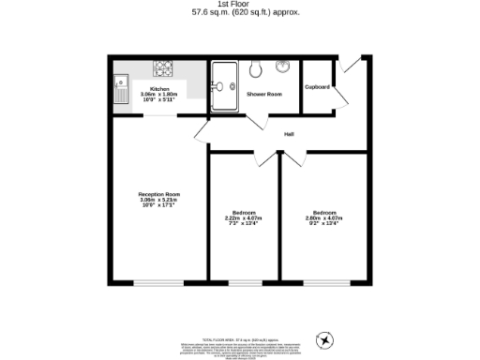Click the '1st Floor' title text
pyautogui.click(x=240, y=5)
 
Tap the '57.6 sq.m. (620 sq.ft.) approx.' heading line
pyautogui.click(x=240, y=13)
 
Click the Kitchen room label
pyautogui.click(x=159, y=89)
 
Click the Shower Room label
pyautogui.click(x=264, y=95)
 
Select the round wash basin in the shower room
pyautogui.click(x=282, y=67)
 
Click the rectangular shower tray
pyautogui.click(x=225, y=86)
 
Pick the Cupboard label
pyautogui.click(x=318, y=87)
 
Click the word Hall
pyautogui.click(x=290, y=134)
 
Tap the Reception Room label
pyautogui.click(x=158, y=194)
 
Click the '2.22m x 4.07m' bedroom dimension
pyautogui.click(x=243, y=217)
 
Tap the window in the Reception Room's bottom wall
pyautogui.click(x=157, y=282)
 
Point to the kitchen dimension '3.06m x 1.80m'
pyautogui.click(x=159, y=95)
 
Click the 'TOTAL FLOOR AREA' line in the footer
pyautogui.click(x=240, y=338)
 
